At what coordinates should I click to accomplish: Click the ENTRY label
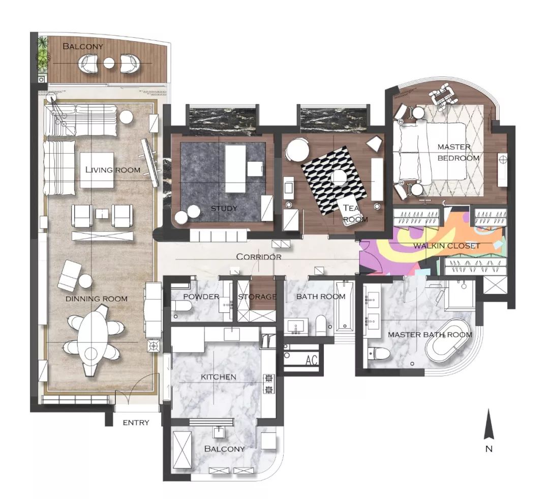(136, 423)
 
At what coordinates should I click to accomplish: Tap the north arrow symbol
(489, 424)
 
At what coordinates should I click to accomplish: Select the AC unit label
(311, 360)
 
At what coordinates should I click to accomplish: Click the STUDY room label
(224, 209)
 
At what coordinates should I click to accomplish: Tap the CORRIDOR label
(259, 257)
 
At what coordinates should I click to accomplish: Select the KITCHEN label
(219, 377)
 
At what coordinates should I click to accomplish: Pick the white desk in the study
(235, 168)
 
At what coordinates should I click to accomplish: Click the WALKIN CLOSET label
(446, 246)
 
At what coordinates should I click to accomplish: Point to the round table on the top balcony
(109, 63)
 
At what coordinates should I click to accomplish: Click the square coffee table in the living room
(97, 170)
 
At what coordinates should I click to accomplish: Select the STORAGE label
(257, 297)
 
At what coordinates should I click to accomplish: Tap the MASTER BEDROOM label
(459, 153)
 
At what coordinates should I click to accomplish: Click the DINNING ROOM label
(97, 299)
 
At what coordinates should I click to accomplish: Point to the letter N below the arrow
(489, 449)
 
